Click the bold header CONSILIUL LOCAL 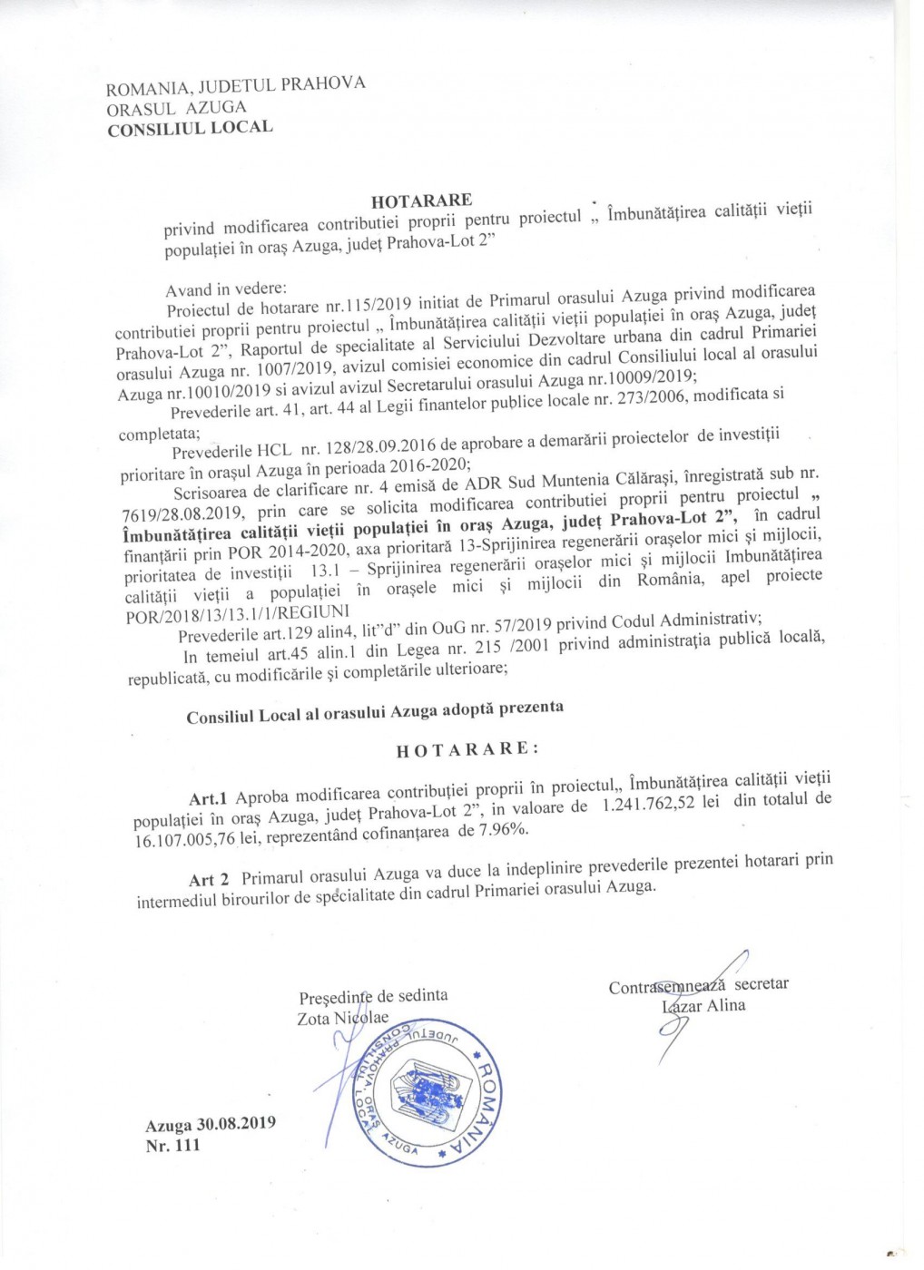tap(190, 128)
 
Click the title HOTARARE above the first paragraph tap(421, 200)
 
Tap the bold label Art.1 tap(208, 797)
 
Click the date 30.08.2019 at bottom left tap(236, 1123)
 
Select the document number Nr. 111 tap(172, 1145)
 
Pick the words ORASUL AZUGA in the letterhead tap(176, 106)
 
